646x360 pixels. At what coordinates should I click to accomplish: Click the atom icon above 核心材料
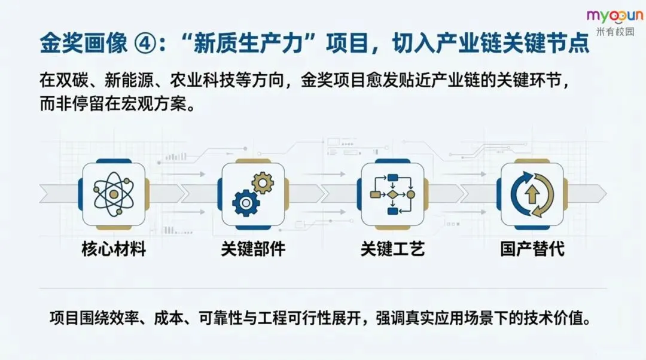pos(114,194)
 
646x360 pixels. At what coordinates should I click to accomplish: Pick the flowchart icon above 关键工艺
pos(393,194)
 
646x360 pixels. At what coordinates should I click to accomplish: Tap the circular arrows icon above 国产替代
pos(532,194)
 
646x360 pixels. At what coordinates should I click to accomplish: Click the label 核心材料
pos(114,249)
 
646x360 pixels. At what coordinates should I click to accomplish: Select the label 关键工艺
pos(393,249)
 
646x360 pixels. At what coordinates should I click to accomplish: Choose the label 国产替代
pos(532,249)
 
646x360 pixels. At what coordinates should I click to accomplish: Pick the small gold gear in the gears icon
pos(262,182)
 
